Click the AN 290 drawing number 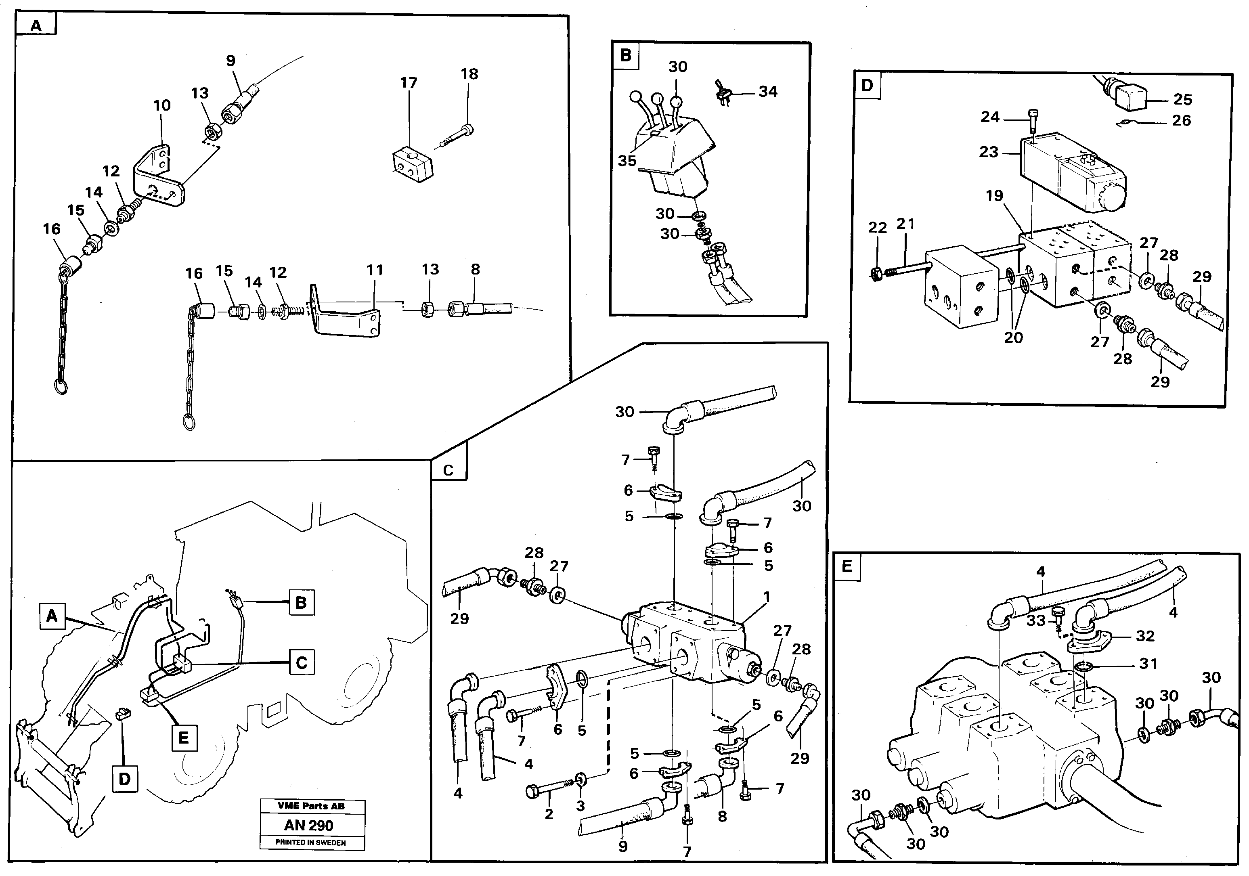(x=308, y=826)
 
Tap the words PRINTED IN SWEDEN (x=310, y=843)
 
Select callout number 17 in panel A (x=409, y=83)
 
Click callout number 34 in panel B (x=767, y=91)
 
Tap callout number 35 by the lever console (x=627, y=161)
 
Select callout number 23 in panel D (x=989, y=152)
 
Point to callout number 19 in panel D (x=994, y=195)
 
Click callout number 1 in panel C (x=767, y=597)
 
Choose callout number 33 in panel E (x=1036, y=620)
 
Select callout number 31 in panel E (x=1148, y=663)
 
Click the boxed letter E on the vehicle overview (x=184, y=738)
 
